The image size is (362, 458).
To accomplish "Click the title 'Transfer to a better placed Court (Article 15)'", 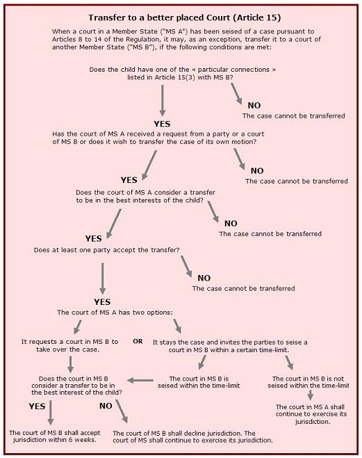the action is click(185, 18).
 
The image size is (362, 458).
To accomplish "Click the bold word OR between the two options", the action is click(138, 341).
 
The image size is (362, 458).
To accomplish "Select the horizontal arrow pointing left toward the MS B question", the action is click(140, 380).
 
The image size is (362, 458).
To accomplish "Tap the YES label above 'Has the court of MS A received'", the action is click(162, 124).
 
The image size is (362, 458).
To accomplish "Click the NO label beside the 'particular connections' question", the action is click(254, 105).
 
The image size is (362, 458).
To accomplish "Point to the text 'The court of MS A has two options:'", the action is click(115, 313).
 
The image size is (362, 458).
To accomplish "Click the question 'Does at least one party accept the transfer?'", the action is click(107, 250).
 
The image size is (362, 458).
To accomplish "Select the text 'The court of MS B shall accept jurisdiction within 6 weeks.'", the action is click(54, 436).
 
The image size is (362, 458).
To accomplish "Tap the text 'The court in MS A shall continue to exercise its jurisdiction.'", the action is click(311, 414).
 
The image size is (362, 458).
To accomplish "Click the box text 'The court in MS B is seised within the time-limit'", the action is click(199, 382).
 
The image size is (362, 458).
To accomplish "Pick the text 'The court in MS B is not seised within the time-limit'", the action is click(308, 382).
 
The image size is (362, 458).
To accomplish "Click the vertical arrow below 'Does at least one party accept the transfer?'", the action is click(102, 278).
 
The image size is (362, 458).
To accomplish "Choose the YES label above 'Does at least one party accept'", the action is click(93, 239).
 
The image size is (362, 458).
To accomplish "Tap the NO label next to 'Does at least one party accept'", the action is click(204, 278).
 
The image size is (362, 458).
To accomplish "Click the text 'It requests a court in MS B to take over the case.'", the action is click(69, 345).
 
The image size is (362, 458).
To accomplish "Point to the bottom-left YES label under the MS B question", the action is click(37, 406).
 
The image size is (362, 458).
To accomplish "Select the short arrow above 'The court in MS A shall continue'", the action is click(311, 395).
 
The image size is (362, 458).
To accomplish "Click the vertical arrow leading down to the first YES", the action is click(163, 101).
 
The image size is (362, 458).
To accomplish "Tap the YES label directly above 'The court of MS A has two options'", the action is click(102, 301).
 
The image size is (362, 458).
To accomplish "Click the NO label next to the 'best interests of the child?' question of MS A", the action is click(231, 223).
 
